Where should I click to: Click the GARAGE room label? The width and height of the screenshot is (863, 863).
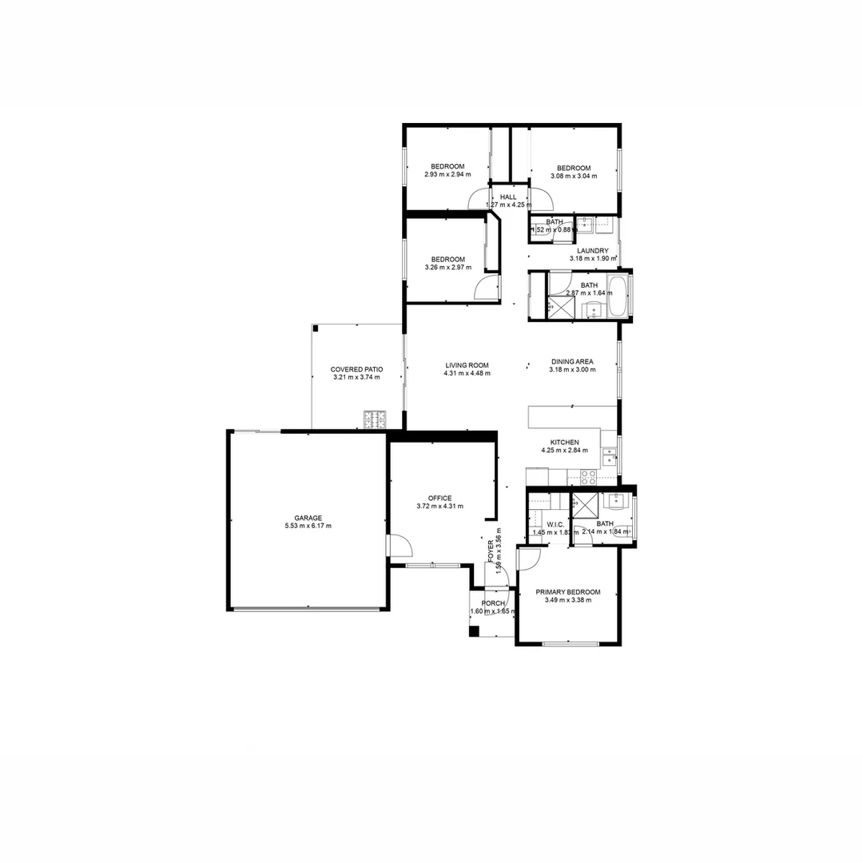tap(308, 518)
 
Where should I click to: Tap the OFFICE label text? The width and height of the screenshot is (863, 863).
tap(439, 498)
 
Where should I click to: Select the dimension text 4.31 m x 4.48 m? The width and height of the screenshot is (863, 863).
tap(467, 373)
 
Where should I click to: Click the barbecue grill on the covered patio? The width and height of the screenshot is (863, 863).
tap(374, 417)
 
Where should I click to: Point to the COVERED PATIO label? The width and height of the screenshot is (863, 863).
tap(356, 369)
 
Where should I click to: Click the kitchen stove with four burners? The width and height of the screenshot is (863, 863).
tap(588, 477)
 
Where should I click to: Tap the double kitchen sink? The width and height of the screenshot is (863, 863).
tap(609, 455)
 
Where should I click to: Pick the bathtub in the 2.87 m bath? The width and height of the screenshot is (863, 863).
tap(616, 296)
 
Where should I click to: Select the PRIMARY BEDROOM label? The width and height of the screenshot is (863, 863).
tap(567, 592)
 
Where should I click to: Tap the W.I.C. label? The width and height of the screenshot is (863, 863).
tap(545, 524)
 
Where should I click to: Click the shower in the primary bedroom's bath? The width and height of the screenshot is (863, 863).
tap(586, 506)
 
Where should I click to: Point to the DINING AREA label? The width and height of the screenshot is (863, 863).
tap(572, 361)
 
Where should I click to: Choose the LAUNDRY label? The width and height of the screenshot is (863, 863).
tap(592, 250)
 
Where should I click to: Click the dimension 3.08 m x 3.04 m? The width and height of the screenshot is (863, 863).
tap(573, 176)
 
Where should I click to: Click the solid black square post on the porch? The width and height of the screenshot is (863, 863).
tap(474, 631)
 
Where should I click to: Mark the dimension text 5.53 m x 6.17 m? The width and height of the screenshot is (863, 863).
tap(308, 526)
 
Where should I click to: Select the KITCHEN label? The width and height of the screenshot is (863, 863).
tap(564, 442)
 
